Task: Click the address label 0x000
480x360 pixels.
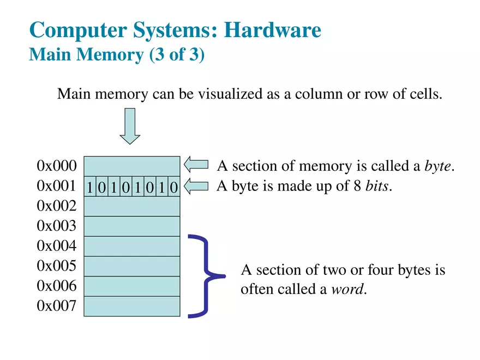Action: [x=56, y=166]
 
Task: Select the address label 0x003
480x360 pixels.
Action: [x=56, y=226]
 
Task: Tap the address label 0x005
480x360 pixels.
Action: [x=56, y=266]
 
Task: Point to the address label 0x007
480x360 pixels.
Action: [x=56, y=306]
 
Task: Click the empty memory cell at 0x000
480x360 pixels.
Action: [x=131, y=166]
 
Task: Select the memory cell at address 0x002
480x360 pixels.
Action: [x=131, y=206]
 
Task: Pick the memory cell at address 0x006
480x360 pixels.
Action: [x=131, y=286]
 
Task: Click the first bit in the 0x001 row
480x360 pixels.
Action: [x=89, y=187]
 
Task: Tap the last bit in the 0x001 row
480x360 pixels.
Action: [x=173, y=187]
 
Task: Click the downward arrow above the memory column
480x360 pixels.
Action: [x=130, y=126]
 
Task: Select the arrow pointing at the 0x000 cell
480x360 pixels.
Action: [x=196, y=165]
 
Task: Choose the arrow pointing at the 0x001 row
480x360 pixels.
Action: [x=196, y=187]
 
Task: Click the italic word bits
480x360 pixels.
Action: [x=377, y=187]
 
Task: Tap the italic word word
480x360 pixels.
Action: [x=347, y=289]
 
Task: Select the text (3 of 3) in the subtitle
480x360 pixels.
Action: [x=177, y=55]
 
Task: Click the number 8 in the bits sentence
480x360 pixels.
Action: [x=358, y=187]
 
